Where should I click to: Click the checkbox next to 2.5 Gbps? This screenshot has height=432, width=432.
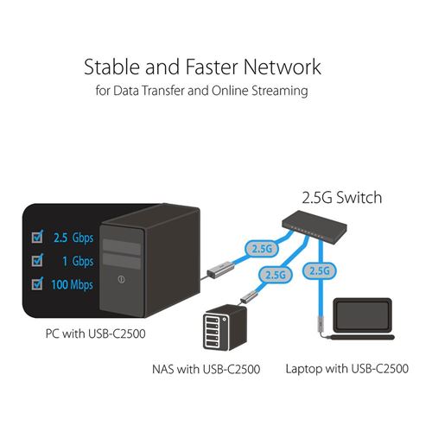click(x=37, y=237)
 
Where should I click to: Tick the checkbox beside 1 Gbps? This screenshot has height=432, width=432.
click(x=37, y=260)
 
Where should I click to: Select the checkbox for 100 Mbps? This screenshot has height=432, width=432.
click(x=37, y=283)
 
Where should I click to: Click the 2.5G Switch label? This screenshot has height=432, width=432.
click(x=342, y=198)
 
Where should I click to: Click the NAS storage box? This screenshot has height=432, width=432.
click(x=226, y=327)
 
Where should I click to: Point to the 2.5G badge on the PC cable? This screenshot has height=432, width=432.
click(x=262, y=249)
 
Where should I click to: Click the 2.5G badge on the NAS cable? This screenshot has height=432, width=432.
click(x=276, y=275)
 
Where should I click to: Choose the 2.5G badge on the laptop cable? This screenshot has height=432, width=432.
click(x=319, y=270)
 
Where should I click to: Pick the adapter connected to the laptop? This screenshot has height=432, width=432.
click(x=321, y=323)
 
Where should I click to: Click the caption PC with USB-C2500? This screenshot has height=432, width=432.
click(x=95, y=334)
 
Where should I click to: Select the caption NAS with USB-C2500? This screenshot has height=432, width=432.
click(x=206, y=369)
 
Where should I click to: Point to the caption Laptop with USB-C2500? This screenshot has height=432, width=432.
click(x=347, y=369)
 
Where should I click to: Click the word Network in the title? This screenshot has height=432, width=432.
click(x=283, y=67)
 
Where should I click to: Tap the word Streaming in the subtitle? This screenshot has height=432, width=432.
click(x=280, y=91)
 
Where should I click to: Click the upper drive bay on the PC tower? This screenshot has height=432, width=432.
click(x=122, y=247)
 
